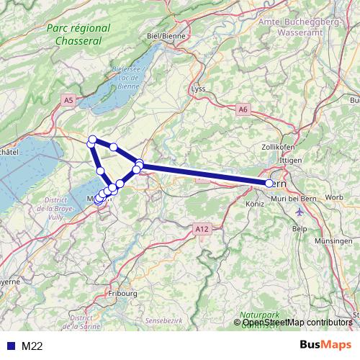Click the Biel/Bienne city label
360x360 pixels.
(x=166, y=35)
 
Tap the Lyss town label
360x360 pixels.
(x=198, y=89)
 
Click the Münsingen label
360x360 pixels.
(x=336, y=243)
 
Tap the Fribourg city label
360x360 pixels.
(x=120, y=294)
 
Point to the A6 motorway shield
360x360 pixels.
(x=243, y=109)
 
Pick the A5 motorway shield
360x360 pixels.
(x=68, y=102)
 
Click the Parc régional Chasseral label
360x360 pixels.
(x=78, y=35)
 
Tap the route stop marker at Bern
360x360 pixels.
(x=269, y=184)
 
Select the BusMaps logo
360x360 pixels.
(x=325, y=345)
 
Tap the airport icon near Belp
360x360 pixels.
(x=300, y=212)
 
